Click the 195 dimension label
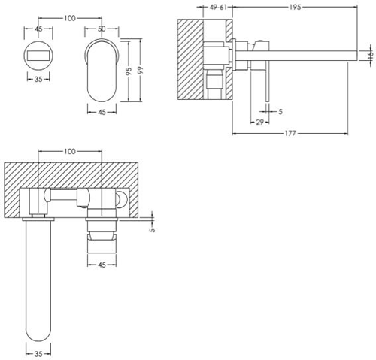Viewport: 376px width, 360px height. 295,8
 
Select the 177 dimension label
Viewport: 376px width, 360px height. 290,133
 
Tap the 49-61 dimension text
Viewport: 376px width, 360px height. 218,8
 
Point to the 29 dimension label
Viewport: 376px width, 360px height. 259,122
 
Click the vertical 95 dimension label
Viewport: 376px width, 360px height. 129,71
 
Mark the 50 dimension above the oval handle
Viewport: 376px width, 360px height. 102,29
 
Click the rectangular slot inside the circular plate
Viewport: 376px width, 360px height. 38,55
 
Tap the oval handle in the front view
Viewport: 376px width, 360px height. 102,71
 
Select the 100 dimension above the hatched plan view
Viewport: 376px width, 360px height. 70,151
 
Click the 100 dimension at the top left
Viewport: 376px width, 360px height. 70,18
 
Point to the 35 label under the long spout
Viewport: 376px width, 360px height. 38,354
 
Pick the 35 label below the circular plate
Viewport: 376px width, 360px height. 38,79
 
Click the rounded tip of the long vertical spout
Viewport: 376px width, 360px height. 38,341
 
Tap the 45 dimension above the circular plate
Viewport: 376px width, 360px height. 38,29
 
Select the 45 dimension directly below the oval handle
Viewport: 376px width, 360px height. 102,112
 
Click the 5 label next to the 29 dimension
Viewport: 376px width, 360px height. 280,111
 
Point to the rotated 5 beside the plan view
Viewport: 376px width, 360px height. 152,229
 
